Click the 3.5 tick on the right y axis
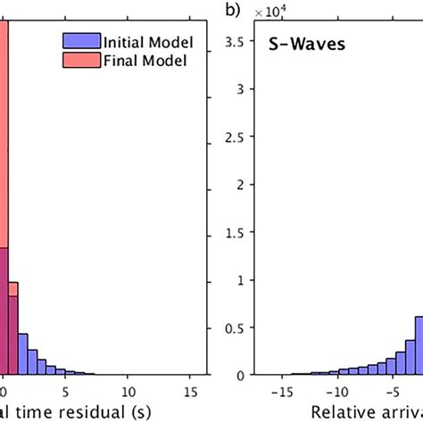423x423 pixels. coord(237,40)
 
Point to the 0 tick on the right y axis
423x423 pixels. coord(244,375)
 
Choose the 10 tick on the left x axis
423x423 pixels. coord(129,390)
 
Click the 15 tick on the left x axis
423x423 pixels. coord(192,390)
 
